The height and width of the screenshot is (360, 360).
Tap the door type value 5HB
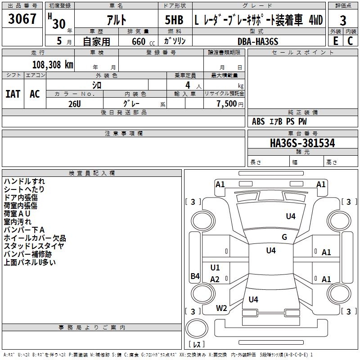pos(174,20)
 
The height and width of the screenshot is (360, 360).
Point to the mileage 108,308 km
pos(53,64)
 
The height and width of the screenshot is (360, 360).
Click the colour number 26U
pos(75,103)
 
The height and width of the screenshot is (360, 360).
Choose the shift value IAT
pos(13,94)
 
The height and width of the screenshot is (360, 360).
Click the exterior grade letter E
pos(335,40)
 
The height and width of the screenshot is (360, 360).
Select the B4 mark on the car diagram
pos(195,276)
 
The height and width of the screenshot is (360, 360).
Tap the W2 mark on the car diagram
pos(221,308)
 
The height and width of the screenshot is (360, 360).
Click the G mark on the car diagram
pos(284,237)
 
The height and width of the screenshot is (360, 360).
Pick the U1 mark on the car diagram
pos(215,268)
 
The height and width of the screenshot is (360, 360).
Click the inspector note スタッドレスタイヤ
pos(34,246)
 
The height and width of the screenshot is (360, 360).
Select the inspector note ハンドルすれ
pos(24,181)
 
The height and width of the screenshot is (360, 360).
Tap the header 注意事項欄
pos(123,134)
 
